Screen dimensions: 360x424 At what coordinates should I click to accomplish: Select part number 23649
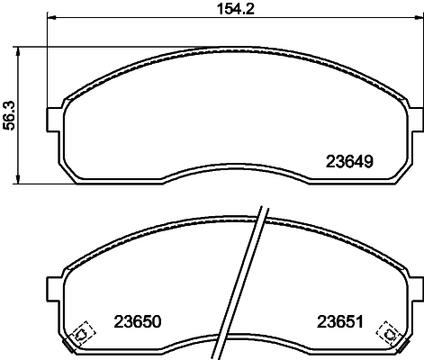pyautogui.click(x=348, y=164)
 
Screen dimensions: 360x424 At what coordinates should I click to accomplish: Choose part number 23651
pyautogui.click(x=339, y=320)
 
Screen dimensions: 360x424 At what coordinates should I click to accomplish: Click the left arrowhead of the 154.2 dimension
pyautogui.click(x=50, y=18)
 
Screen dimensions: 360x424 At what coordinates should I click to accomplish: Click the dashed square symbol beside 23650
pyautogui.click(x=81, y=334)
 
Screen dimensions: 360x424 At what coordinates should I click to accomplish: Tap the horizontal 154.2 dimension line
pyautogui.click(x=135, y=18)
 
